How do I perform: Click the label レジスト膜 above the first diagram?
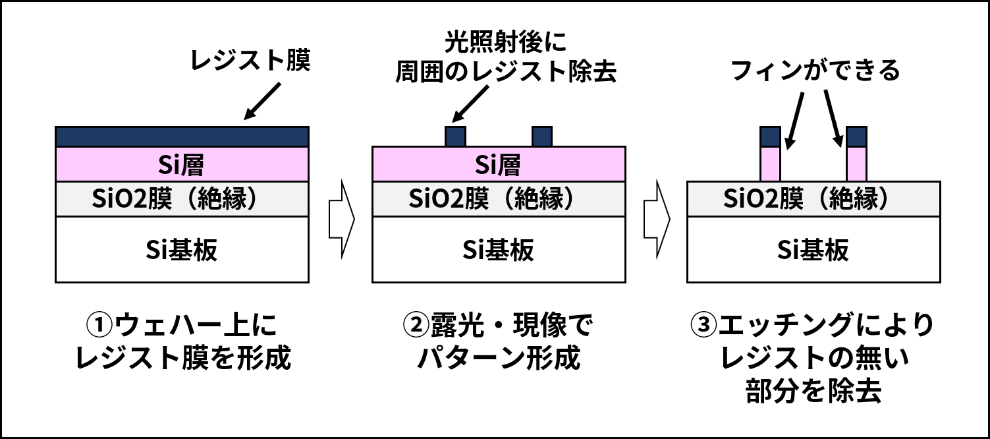coord(250,60)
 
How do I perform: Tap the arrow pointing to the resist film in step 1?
coord(263,101)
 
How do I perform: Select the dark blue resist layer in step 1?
coord(182,136)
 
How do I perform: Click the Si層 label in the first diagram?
coord(181,165)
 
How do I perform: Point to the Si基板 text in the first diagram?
coord(182,250)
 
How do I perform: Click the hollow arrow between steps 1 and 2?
coord(342,219)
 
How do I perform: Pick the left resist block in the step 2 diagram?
coord(455,136)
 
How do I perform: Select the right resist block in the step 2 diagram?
coord(542,136)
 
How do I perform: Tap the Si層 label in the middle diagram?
coord(498,165)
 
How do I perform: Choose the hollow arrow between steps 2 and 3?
coord(657,219)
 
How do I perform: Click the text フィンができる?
coord(815,71)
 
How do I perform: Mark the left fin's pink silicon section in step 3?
coord(771,164)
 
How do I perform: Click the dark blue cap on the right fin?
coord(856,136)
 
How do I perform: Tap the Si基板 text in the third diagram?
coord(813,250)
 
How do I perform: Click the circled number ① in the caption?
coord(100,324)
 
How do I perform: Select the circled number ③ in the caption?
coord(703,324)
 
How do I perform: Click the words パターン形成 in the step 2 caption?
coord(499,358)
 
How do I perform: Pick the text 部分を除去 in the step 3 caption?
coord(813,392)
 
